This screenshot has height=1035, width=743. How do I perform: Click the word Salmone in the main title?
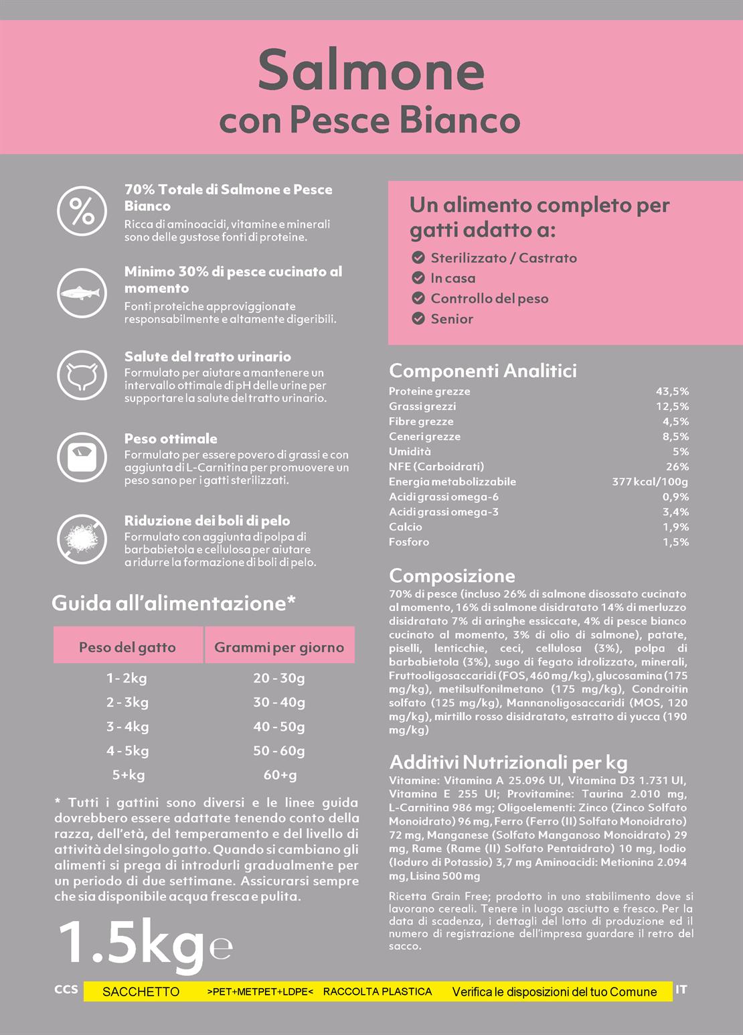[x=371, y=70]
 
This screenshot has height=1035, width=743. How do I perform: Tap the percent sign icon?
[x=82, y=211]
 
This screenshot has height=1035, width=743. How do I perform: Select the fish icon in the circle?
[x=82, y=293]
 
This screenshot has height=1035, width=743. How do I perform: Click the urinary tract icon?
[x=82, y=374]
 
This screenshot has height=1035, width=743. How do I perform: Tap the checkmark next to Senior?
[x=418, y=319]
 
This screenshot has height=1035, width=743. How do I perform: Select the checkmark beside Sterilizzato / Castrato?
[x=418, y=258]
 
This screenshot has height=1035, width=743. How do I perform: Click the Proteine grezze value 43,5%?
[x=672, y=391]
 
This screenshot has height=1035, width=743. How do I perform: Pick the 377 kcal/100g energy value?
[x=649, y=482]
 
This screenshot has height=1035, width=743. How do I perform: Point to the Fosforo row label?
[x=409, y=542]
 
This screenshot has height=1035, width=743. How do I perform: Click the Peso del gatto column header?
[x=127, y=647]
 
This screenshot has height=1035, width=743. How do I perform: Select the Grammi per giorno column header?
[x=279, y=647]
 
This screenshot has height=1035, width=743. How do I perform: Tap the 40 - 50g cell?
[x=279, y=727]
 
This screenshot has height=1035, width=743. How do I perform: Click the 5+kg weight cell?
[x=128, y=775]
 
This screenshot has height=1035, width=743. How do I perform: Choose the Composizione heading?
[x=452, y=575]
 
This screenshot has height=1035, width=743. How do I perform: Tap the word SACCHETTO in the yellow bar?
[x=141, y=991]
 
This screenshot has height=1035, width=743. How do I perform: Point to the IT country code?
[x=681, y=989]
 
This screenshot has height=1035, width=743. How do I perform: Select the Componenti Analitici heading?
[x=483, y=370]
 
